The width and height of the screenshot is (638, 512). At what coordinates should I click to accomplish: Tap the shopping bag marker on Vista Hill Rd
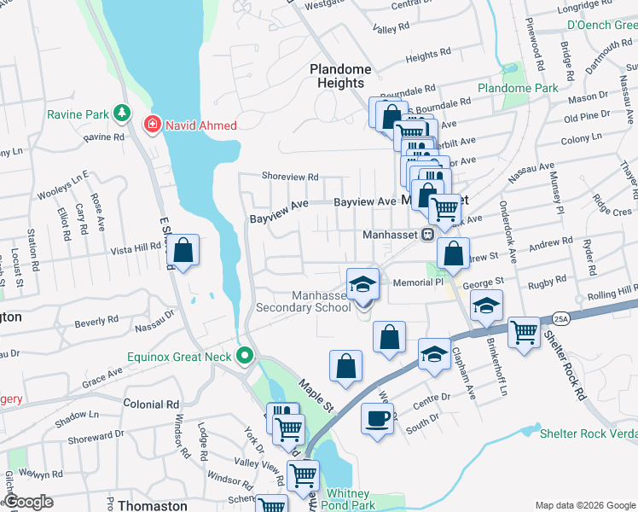(183, 251)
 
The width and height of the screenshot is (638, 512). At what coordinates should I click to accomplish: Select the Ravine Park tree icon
(122, 112)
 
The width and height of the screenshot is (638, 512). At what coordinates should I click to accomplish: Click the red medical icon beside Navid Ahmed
(153, 125)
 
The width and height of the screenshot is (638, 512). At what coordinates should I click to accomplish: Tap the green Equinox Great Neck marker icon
(246, 354)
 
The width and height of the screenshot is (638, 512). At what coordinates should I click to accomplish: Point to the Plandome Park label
(518, 88)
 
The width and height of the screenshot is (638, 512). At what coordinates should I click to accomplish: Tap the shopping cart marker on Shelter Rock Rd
(524, 333)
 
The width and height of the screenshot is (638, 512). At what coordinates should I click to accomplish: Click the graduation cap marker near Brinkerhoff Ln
(486, 305)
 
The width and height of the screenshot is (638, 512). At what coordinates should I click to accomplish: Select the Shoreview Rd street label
(290, 177)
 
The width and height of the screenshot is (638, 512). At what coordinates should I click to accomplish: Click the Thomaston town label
(152, 505)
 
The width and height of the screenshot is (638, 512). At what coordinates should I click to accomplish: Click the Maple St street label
(315, 398)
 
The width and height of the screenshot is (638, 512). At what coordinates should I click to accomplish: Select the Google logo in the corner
(29, 502)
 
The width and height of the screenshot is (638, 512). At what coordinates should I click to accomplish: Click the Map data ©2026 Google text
(584, 505)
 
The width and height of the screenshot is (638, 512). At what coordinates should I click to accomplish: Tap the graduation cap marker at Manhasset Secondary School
(362, 284)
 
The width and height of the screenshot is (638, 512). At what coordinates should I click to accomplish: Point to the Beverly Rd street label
(96, 322)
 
